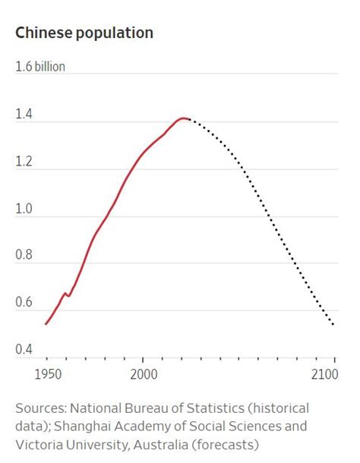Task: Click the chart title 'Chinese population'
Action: (84, 33)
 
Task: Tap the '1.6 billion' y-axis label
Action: (40, 67)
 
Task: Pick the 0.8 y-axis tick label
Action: (24, 256)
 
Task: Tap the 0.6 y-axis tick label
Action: (24, 303)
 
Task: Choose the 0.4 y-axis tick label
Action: (24, 350)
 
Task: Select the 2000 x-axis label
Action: (143, 374)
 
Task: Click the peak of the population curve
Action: (182, 118)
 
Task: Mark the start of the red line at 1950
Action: (46, 324)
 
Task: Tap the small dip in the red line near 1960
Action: (68, 295)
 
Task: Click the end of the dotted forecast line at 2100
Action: (333, 325)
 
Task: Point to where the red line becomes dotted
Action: (188, 119)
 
